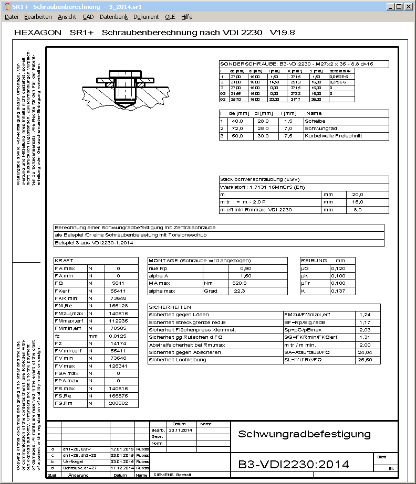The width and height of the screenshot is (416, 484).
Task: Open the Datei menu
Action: pyautogui.click(x=11, y=17)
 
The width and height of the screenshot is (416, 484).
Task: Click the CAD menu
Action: pyautogui.click(x=88, y=17)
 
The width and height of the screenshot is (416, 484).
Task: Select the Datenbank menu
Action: pyautogui.click(x=113, y=17)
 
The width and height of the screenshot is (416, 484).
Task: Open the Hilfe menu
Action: pyautogui.click(x=186, y=17)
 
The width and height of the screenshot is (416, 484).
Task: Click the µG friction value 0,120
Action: pyautogui.click(x=338, y=268)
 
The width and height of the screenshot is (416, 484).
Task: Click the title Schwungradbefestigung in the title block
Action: pyautogui.click(x=304, y=434)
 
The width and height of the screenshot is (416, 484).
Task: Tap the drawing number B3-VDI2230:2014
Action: pyautogui.click(x=294, y=464)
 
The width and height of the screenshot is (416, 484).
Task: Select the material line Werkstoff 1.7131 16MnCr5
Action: pyautogui.click(x=262, y=187)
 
